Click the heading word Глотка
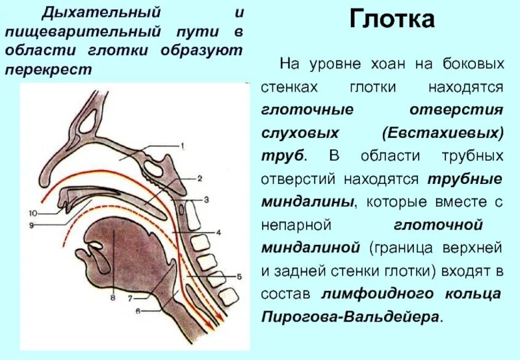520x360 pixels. click(x=392, y=19)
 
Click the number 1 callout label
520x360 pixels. click(x=183, y=146)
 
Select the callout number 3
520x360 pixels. click(x=205, y=199)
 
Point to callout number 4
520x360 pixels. click(x=219, y=231)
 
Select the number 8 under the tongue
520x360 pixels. click(x=112, y=299)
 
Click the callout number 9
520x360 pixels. click(x=30, y=225)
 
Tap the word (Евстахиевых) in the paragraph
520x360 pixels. click(x=443, y=133)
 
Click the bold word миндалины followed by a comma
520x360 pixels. click(x=308, y=202)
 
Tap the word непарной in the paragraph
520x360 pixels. click(x=296, y=225)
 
